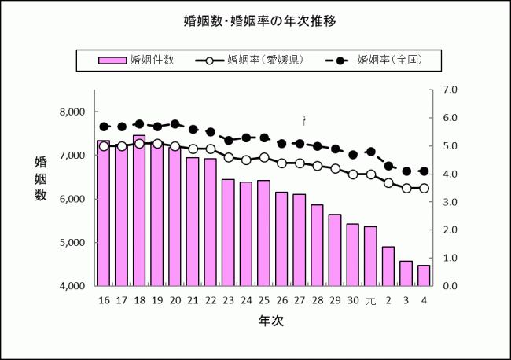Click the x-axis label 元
(371, 301)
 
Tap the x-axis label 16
(104, 301)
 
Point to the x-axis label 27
(300, 301)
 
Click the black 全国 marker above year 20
(175, 124)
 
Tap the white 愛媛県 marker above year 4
(424, 188)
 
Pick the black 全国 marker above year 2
(388, 166)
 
